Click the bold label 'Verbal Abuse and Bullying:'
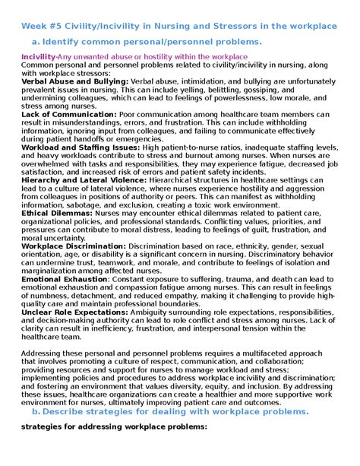coord(74,81)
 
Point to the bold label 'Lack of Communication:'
coord(68,114)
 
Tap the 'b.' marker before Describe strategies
coord(35,411)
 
